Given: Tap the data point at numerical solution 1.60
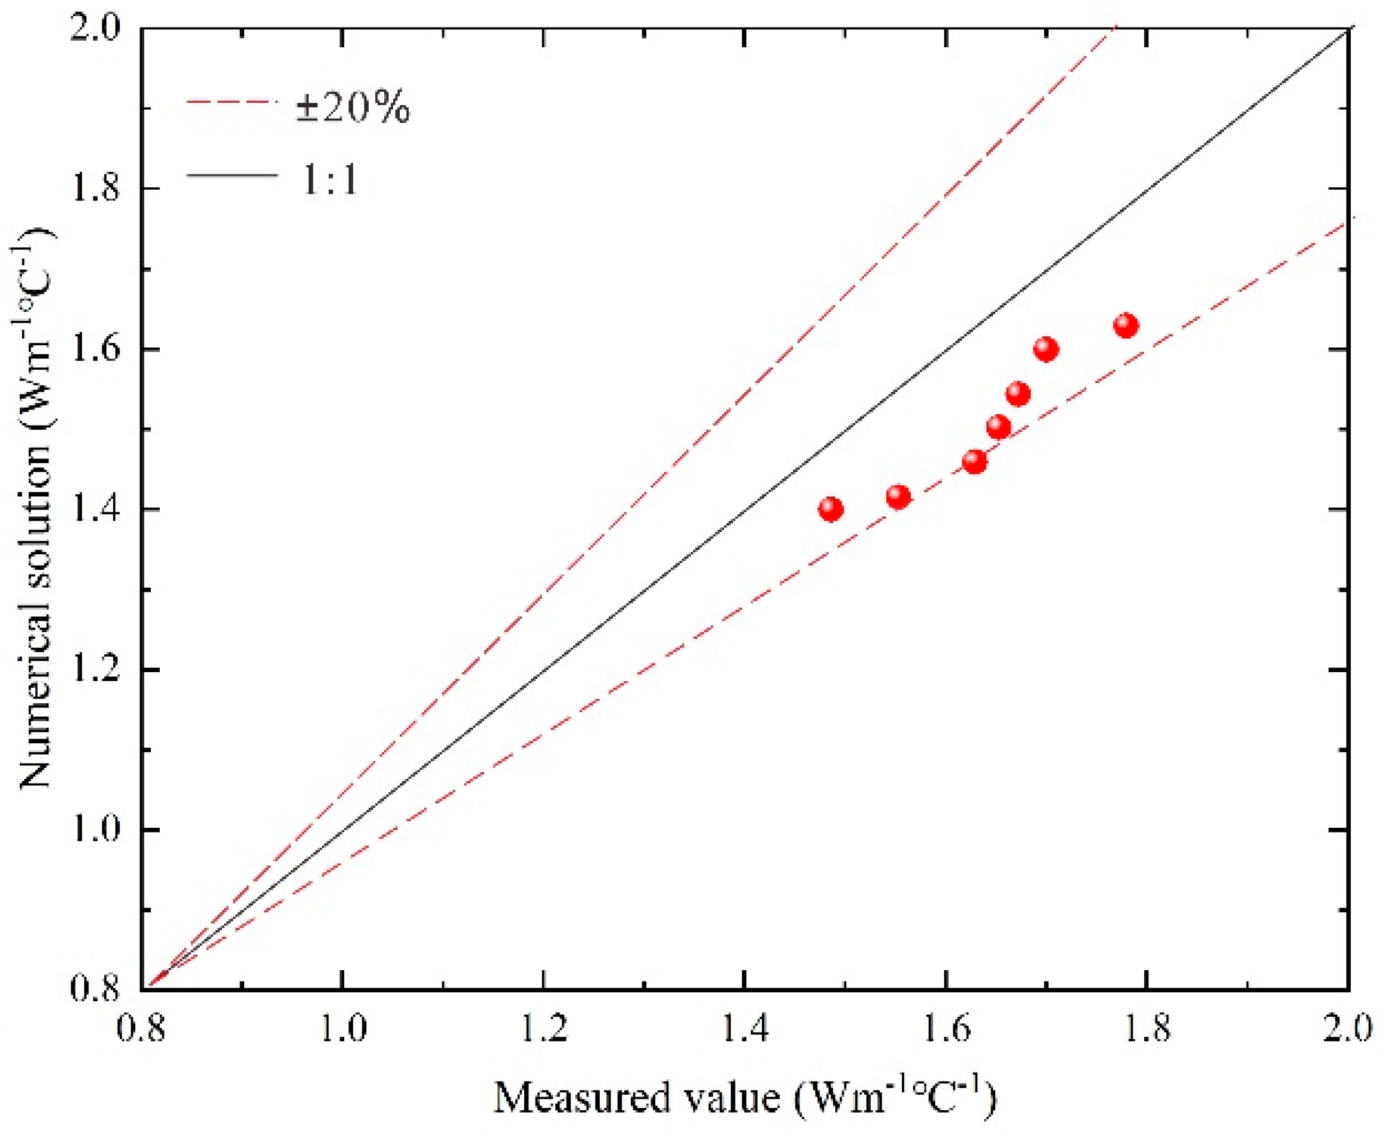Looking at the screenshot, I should pyautogui.click(x=1046, y=349).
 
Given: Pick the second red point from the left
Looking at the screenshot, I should pyautogui.click(x=899, y=497).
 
